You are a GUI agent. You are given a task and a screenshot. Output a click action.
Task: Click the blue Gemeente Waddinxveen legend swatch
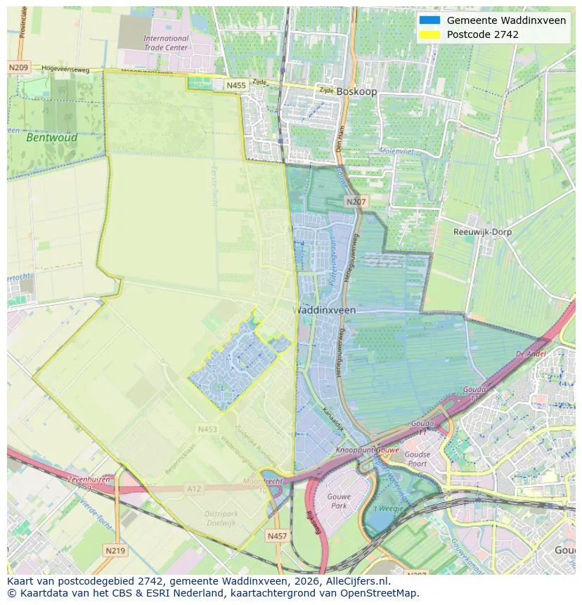click(429, 20)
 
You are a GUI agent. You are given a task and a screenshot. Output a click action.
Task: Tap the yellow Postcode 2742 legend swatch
click(429, 34)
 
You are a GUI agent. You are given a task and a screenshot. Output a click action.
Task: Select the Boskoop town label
click(356, 91)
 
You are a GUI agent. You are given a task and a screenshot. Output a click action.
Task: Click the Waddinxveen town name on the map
click(323, 310)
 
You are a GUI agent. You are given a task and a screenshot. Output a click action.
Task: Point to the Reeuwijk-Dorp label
click(482, 232)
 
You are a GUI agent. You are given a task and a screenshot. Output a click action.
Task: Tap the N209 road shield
click(18, 67)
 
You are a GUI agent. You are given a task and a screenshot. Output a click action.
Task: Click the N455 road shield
click(236, 85)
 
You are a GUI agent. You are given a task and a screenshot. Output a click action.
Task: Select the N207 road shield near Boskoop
click(355, 202)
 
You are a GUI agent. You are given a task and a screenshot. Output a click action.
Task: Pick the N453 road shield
click(207, 429)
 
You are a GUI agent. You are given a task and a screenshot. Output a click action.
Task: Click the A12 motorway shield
click(195, 488)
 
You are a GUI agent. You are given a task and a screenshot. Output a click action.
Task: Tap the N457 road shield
click(277, 535)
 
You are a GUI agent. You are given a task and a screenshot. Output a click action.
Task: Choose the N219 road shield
click(114, 550)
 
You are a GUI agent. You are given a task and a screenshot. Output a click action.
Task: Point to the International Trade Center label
click(166, 43)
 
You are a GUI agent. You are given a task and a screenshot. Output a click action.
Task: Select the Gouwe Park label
click(338, 501)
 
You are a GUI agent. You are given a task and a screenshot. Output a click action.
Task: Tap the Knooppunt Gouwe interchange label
click(367, 450)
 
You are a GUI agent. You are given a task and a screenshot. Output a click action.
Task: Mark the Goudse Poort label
click(417, 459)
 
